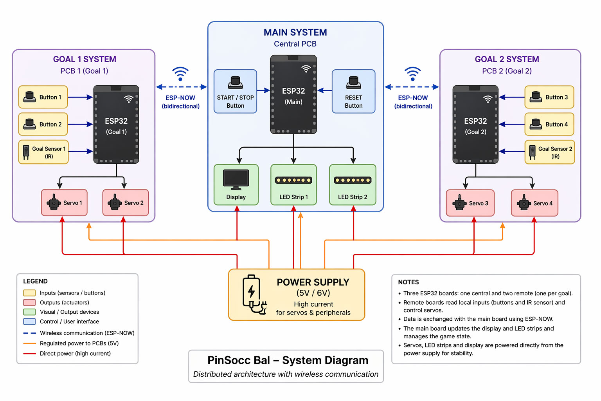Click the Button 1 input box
43,97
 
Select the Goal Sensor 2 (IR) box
549,152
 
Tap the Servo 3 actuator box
470,203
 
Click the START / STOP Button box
235,92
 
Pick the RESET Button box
353,92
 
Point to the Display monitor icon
236,179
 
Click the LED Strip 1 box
293,185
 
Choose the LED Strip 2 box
353,185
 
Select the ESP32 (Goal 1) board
116,125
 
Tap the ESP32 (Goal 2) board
475,125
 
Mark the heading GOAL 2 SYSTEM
507,60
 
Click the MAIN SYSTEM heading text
295,33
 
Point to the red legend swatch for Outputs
29,303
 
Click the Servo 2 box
126,203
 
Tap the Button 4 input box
549,125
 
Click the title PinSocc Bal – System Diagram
288,360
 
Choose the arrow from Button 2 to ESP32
80,125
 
